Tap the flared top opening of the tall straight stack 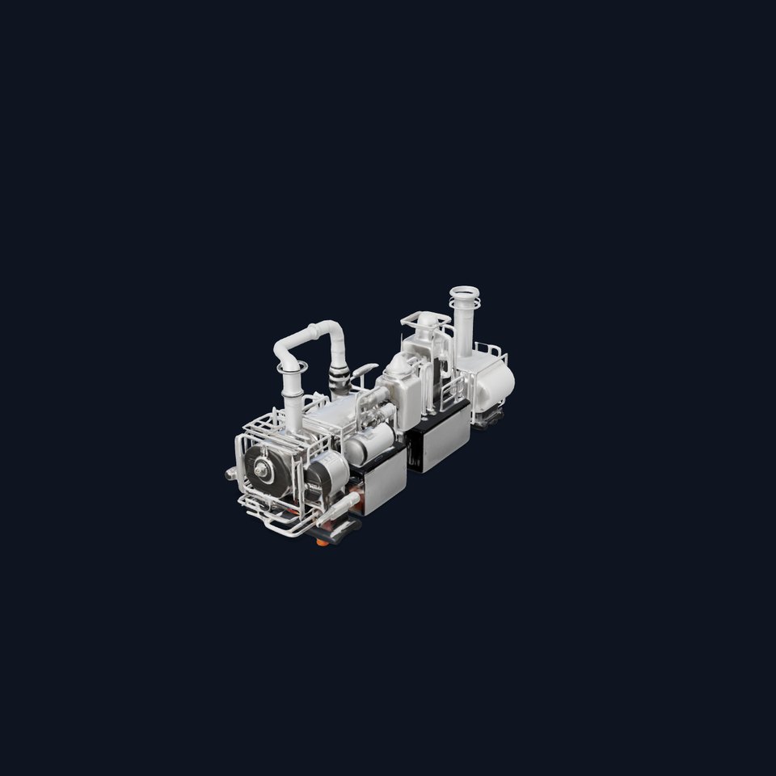click(x=465, y=291)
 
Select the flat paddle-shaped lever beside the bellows click(x=365, y=369)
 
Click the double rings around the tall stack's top click(x=465, y=304)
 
